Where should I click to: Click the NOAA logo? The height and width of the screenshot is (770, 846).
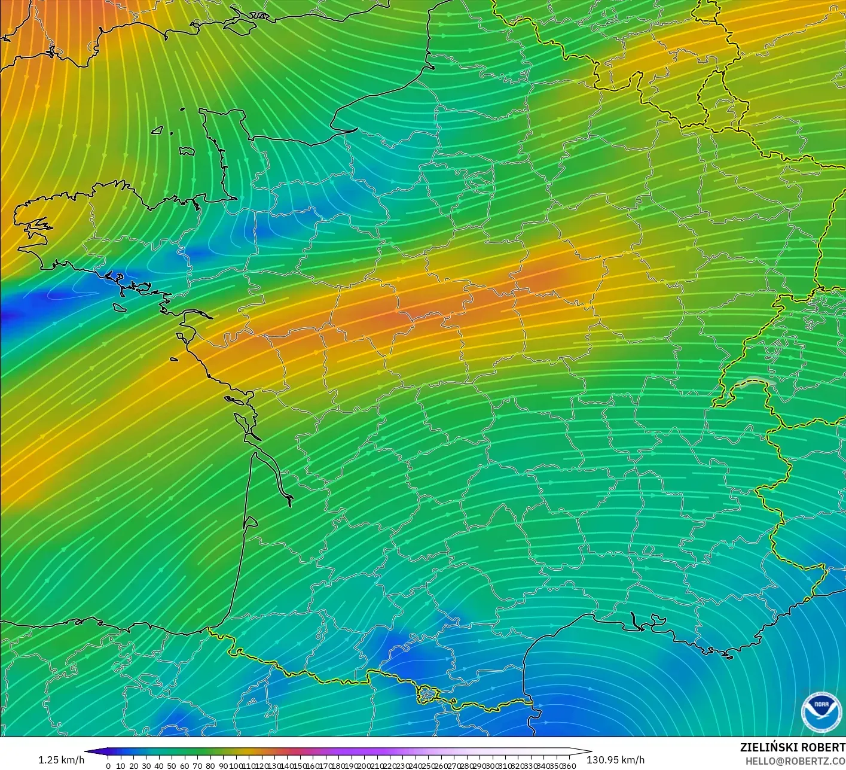pyautogui.click(x=821, y=711)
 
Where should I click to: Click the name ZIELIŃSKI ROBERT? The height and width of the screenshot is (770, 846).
pyautogui.click(x=792, y=747)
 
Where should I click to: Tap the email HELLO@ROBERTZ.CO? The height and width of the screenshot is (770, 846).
pyautogui.click(x=790, y=760)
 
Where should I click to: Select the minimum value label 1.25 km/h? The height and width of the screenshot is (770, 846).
pyautogui.click(x=61, y=760)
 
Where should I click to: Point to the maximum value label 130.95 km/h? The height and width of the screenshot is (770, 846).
pyautogui.click(x=615, y=760)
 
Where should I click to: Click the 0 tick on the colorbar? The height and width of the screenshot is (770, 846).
pyautogui.click(x=108, y=765)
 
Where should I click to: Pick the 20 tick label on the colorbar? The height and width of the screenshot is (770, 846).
pyautogui.click(x=133, y=765)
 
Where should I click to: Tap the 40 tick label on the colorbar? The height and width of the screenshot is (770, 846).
pyautogui.click(x=159, y=765)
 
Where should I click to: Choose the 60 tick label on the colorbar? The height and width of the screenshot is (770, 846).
pyautogui.click(x=185, y=765)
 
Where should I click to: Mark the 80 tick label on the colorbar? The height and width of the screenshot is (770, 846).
pyautogui.click(x=210, y=765)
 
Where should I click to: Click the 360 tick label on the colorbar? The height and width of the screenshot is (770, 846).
pyautogui.click(x=569, y=765)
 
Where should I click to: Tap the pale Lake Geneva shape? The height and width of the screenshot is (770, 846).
pyautogui.click(x=756, y=382)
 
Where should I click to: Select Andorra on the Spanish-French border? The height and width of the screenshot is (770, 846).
pyautogui.click(x=427, y=694)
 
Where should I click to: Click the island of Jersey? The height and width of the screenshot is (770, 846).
pyautogui.click(x=187, y=152)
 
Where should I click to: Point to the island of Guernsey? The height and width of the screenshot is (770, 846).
pyautogui.click(x=158, y=129)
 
